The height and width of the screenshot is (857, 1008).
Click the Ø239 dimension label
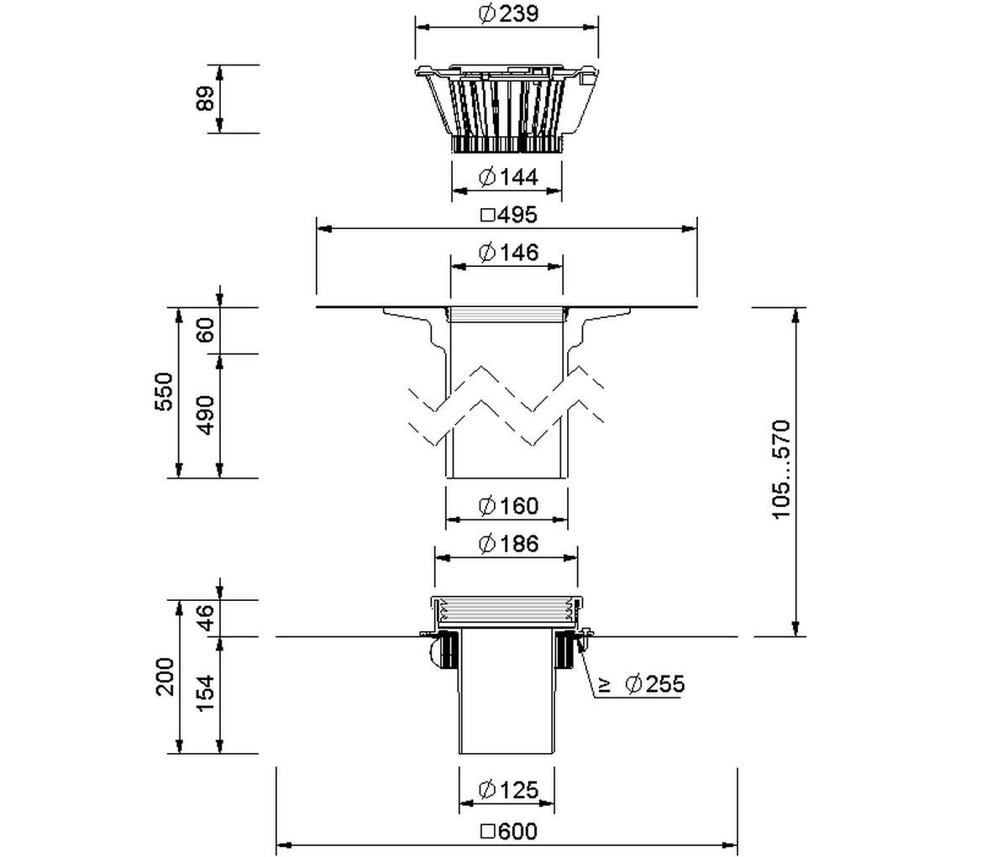[509, 13]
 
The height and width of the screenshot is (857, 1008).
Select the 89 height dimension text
[205, 98]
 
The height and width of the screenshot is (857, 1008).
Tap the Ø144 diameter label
[509, 176]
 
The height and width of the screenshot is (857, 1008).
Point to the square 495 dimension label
[509, 214]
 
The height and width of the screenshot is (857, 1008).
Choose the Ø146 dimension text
[509, 253]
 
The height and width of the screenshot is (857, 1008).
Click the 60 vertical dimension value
[205, 330]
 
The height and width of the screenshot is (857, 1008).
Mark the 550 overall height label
[164, 392]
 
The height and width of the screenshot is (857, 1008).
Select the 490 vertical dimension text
[205, 415]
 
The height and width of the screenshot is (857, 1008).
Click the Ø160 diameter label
[509, 506]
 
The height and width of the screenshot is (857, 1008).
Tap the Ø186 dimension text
[509, 543]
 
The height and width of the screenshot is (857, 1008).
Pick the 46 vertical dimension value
[205, 618]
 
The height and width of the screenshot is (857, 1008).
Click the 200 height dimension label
[165, 677]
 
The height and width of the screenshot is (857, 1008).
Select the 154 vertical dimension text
[205, 693]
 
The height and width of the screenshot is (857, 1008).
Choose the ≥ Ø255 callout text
[642, 684]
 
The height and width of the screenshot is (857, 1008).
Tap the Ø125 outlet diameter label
[509, 790]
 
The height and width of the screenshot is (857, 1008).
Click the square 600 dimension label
[509, 831]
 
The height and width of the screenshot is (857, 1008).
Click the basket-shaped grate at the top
[507, 101]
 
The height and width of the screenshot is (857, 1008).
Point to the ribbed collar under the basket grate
[507, 144]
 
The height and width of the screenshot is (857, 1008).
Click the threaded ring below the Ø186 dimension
[507, 612]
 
